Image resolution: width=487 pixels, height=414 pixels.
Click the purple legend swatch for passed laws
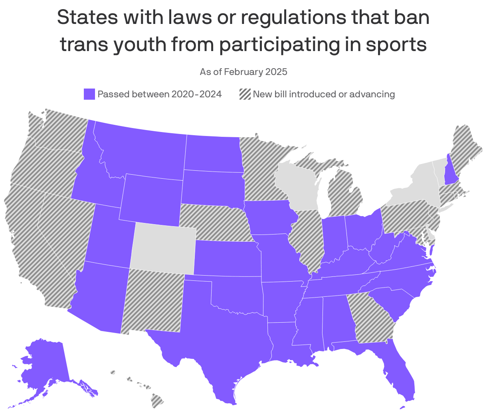[89, 94]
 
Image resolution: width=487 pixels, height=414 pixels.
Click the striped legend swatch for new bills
[245, 94]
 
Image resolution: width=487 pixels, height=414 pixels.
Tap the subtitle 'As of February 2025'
[243, 72]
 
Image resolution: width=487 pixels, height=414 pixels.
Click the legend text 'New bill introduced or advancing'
[324, 94]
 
